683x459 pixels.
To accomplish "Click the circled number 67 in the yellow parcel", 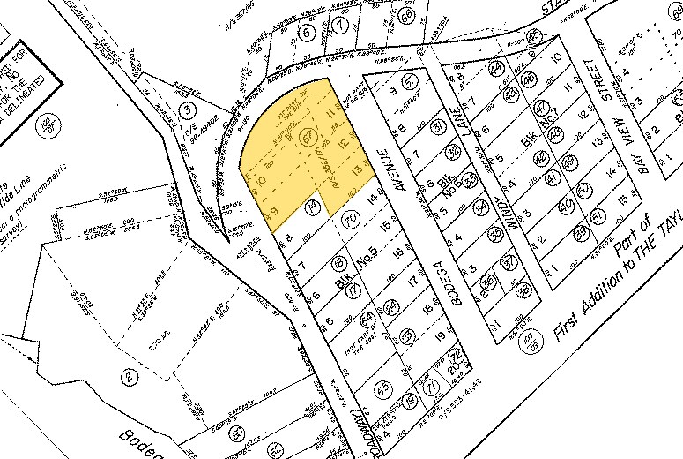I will click(x=308, y=139).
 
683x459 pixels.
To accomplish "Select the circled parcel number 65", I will click(x=382, y=387).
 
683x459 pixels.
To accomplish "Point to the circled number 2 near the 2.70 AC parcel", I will click(x=129, y=377).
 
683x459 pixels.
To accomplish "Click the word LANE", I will click(x=466, y=132).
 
